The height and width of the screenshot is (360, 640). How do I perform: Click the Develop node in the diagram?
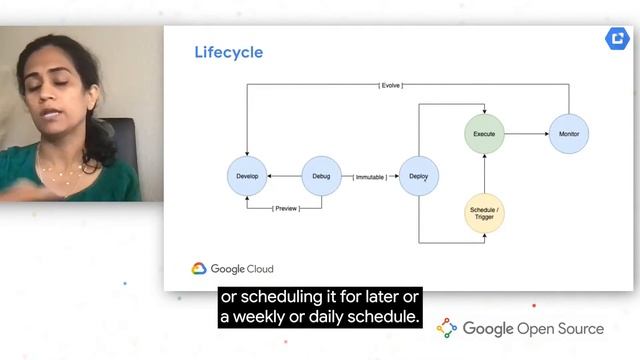[x=246, y=176]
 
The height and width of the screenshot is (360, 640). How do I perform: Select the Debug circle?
[x=322, y=176]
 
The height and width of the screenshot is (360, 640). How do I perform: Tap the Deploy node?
[x=418, y=176]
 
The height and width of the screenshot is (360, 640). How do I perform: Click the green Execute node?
[x=484, y=133]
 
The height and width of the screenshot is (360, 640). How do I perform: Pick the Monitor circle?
[x=568, y=133]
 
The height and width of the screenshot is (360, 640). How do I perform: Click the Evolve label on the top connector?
[x=391, y=86]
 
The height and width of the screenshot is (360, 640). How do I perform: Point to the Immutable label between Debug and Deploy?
[x=371, y=177]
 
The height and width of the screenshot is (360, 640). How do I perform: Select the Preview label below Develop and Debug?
[x=284, y=208]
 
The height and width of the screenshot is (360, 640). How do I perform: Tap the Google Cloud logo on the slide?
[x=232, y=268]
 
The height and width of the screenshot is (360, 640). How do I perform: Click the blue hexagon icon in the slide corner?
[x=615, y=39]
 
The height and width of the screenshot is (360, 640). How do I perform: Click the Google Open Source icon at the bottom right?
[x=447, y=328]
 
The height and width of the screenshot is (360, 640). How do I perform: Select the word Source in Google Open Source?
[x=577, y=329]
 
